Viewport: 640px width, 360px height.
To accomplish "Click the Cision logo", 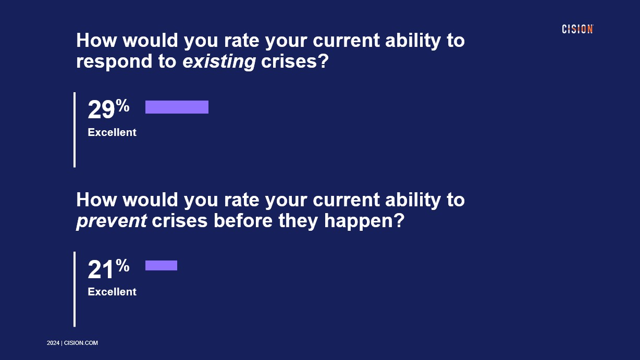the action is tap(577, 29).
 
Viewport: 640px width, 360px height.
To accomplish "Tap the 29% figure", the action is tap(108, 109).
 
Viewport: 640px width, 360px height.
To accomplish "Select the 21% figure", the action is tap(108, 269).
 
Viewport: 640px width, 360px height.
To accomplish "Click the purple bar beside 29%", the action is tap(177, 107).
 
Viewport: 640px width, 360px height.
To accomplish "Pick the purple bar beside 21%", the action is tap(161, 265).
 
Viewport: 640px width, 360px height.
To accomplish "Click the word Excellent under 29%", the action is tap(112, 132).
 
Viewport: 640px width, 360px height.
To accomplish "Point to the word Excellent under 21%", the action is tap(112, 292).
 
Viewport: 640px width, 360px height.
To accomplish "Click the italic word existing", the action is tap(219, 62).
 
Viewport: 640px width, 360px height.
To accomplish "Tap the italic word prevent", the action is tap(112, 221).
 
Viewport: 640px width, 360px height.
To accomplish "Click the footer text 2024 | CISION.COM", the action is tap(72, 343).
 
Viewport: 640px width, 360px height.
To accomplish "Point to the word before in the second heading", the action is tap(243, 220).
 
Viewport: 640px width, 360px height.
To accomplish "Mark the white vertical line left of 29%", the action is tap(75, 130).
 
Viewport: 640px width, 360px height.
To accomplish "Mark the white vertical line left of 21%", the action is tap(75, 289).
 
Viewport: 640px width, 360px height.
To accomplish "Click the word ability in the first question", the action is tap(413, 41).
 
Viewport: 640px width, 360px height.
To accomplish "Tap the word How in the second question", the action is tap(96, 200).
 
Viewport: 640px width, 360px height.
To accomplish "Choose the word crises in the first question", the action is tap(289, 61).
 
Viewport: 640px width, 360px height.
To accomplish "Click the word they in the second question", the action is tap(298, 221).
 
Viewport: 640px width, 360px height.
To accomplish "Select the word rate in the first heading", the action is tap(241, 41).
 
